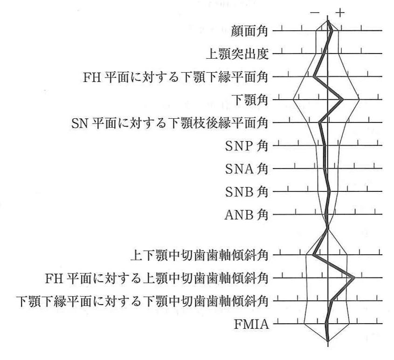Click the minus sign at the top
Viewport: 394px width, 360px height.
(315, 12)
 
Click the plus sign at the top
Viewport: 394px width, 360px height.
(340, 12)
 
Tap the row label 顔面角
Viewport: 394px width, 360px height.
(249, 31)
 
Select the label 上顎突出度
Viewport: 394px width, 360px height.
(237, 54)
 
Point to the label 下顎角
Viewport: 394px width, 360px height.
(249, 100)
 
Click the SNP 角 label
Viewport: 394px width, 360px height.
(247, 146)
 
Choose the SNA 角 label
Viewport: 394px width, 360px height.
(247, 169)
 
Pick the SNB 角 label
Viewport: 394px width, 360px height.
(247, 192)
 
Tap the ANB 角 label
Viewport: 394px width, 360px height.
(247, 215)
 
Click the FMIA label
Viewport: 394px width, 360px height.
(251, 324)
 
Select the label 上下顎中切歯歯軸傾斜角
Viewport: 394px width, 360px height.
(200, 255)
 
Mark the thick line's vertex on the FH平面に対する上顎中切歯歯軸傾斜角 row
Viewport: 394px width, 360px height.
(354, 278)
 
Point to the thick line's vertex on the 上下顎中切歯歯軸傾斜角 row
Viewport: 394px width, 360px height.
(314, 255)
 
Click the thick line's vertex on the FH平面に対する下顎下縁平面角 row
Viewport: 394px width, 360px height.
(314, 76)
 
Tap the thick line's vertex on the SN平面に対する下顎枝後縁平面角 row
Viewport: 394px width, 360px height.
(319, 122)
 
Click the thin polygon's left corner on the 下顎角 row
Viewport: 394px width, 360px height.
(293, 100)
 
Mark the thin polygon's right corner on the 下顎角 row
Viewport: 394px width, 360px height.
(359, 100)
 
